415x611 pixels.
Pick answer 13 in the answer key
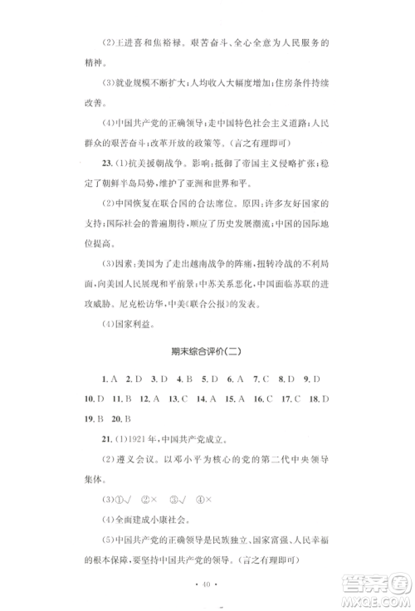tap(175, 398)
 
